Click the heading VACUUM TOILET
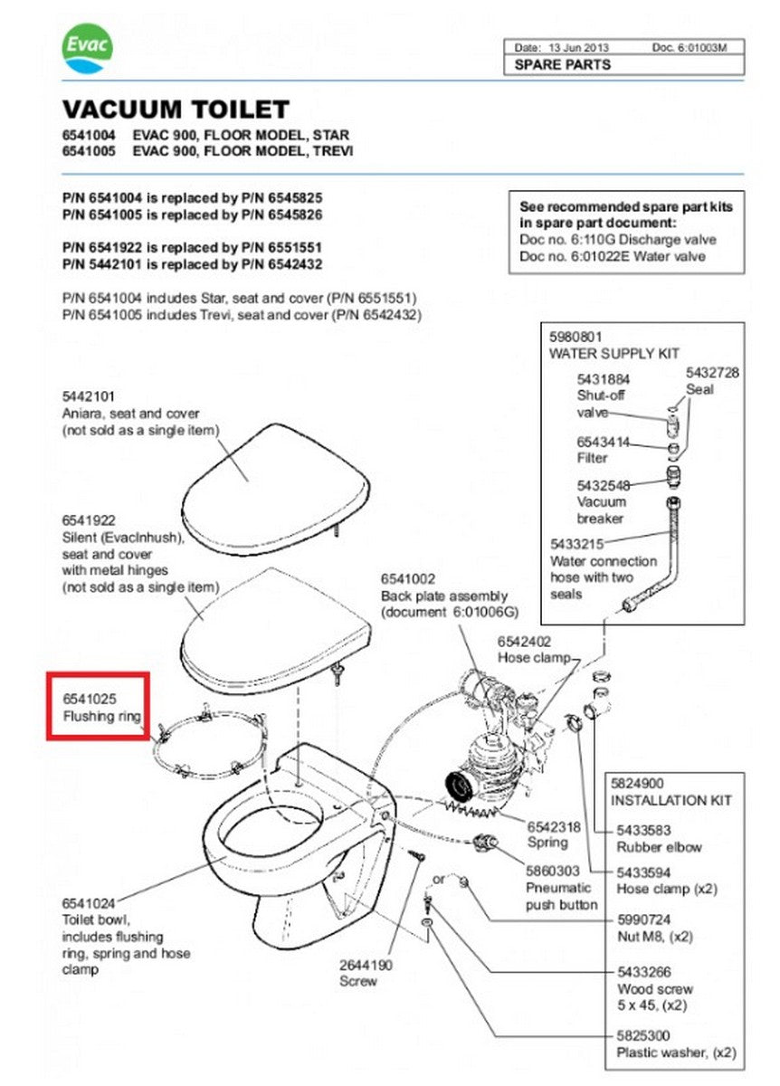pyautogui.click(x=176, y=110)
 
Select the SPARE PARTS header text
pyautogui.click(x=562, y=65)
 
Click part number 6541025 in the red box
pyautogui.click(x=90, y=700)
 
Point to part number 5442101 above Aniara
pyautogui.click(x=89, y=397)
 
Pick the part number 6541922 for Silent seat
pyautogui.click(x=89, y=520)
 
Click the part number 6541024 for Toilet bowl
pyautogui.click(x=89, y=903)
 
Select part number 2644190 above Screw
pyautogui.click(x=366, y=966)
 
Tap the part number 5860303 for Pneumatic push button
pyautogui.click(x=554, y=871)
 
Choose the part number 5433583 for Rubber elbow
pyautogui.click(x=643, y=831)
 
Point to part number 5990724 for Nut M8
pyautogui.click(x=643, y=919)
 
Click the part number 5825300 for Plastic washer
pyautogui.click(x=643, y=1035)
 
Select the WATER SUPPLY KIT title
pyautogui.click(x=614, y=354)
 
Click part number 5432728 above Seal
pyautogui.click(x=712, y=373)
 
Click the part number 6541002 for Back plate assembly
pyautogui.click(x=407, y=578)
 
